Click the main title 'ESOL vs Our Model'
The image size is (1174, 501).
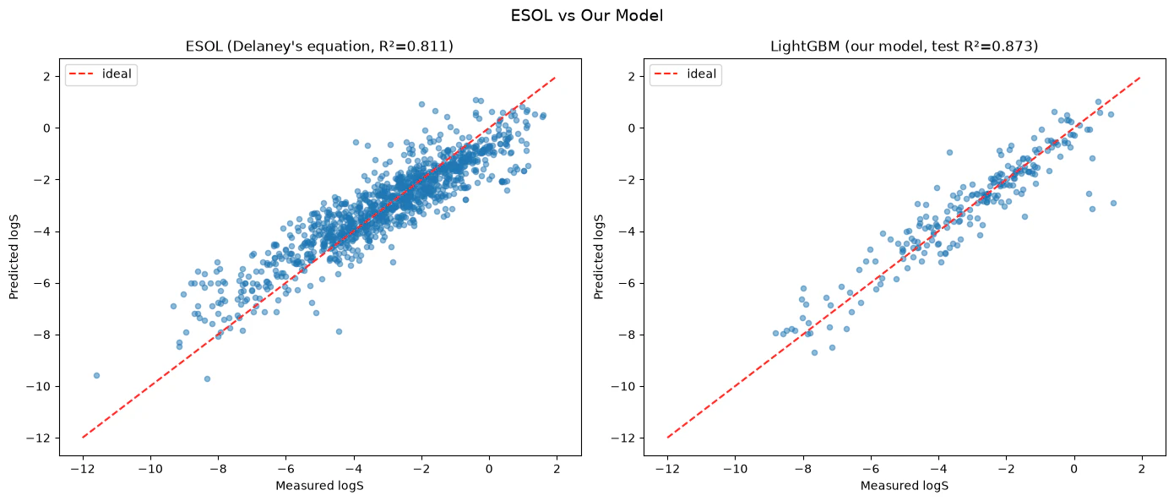[x=586, y=16]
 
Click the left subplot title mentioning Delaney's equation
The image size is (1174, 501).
[x=319, y=46]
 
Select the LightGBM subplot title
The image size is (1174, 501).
[x=904, y=46]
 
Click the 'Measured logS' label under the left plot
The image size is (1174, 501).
[x=320, y=486]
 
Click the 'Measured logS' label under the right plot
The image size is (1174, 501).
[x=905, y=486]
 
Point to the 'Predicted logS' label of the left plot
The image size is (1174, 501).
[x=14, y=257]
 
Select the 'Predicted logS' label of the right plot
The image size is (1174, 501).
[x=599, y=257]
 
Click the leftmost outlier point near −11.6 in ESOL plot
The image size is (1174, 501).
[x=96, y=375]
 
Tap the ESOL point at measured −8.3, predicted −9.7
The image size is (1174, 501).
[x=207, y=378]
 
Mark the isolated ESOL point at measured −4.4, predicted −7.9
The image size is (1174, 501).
[x=339, y=331]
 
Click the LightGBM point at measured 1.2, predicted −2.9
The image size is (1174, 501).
[x=1113, y=203]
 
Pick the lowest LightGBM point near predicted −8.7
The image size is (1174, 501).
[x=814, y=352]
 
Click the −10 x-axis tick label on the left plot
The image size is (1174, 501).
[x=150, y=469]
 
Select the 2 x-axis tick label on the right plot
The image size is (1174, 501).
[x=1142, y=469]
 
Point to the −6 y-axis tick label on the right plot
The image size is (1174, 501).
[x=627, y=283]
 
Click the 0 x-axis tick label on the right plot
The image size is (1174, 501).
[x=1073, y=469]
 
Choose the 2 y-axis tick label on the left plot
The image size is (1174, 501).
[x=47, y=77]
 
